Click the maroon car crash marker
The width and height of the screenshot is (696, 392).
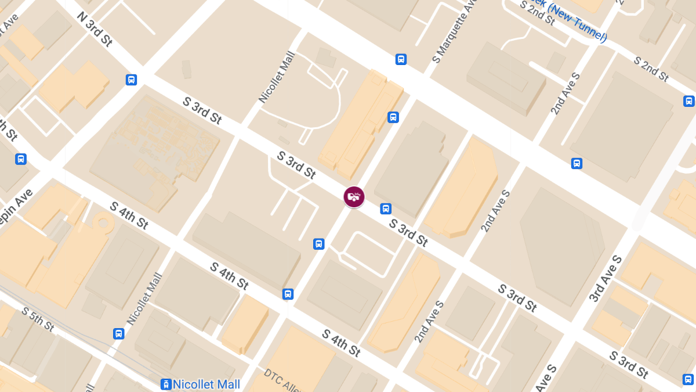(354, 196)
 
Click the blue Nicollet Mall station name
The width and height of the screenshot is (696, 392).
(207, 384)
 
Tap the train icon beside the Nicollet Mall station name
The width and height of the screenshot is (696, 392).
(166, 384)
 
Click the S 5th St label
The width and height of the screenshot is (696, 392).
(38, 319)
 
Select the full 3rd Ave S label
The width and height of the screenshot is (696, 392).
(606, 278)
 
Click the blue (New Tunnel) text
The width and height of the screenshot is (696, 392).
(577, 23)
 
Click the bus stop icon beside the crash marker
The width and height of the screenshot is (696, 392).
(386, 209)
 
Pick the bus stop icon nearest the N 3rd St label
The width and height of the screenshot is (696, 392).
(132, 80)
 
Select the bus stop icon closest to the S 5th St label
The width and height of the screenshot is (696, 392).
(119, 333)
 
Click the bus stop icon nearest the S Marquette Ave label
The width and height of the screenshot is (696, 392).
(401, 59)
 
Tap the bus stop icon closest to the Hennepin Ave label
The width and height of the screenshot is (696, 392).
(21, 159)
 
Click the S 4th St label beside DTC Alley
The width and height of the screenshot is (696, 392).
(342, 343)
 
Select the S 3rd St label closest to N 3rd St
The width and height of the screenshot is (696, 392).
(202, 110)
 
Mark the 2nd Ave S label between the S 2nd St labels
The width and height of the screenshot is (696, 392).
(566, 94)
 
